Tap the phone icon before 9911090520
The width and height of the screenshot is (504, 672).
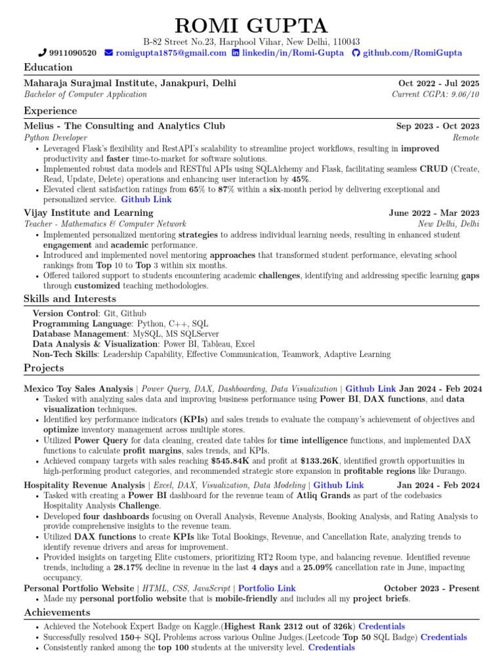pos(43,53)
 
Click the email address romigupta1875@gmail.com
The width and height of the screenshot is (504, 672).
pos(171,53)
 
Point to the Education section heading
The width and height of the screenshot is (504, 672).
pos(48,67)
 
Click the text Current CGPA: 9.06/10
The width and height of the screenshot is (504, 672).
pos(435,94)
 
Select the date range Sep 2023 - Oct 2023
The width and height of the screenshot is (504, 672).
pos(437,126)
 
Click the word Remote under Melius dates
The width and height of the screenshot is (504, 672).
pos(465,138)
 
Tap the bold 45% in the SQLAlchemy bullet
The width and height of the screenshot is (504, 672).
pos(301,179)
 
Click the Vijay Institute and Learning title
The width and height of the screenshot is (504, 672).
pos(88,213)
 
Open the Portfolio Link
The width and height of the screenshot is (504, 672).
pos(266,588)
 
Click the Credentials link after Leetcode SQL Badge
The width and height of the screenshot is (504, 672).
pos(444,637)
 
